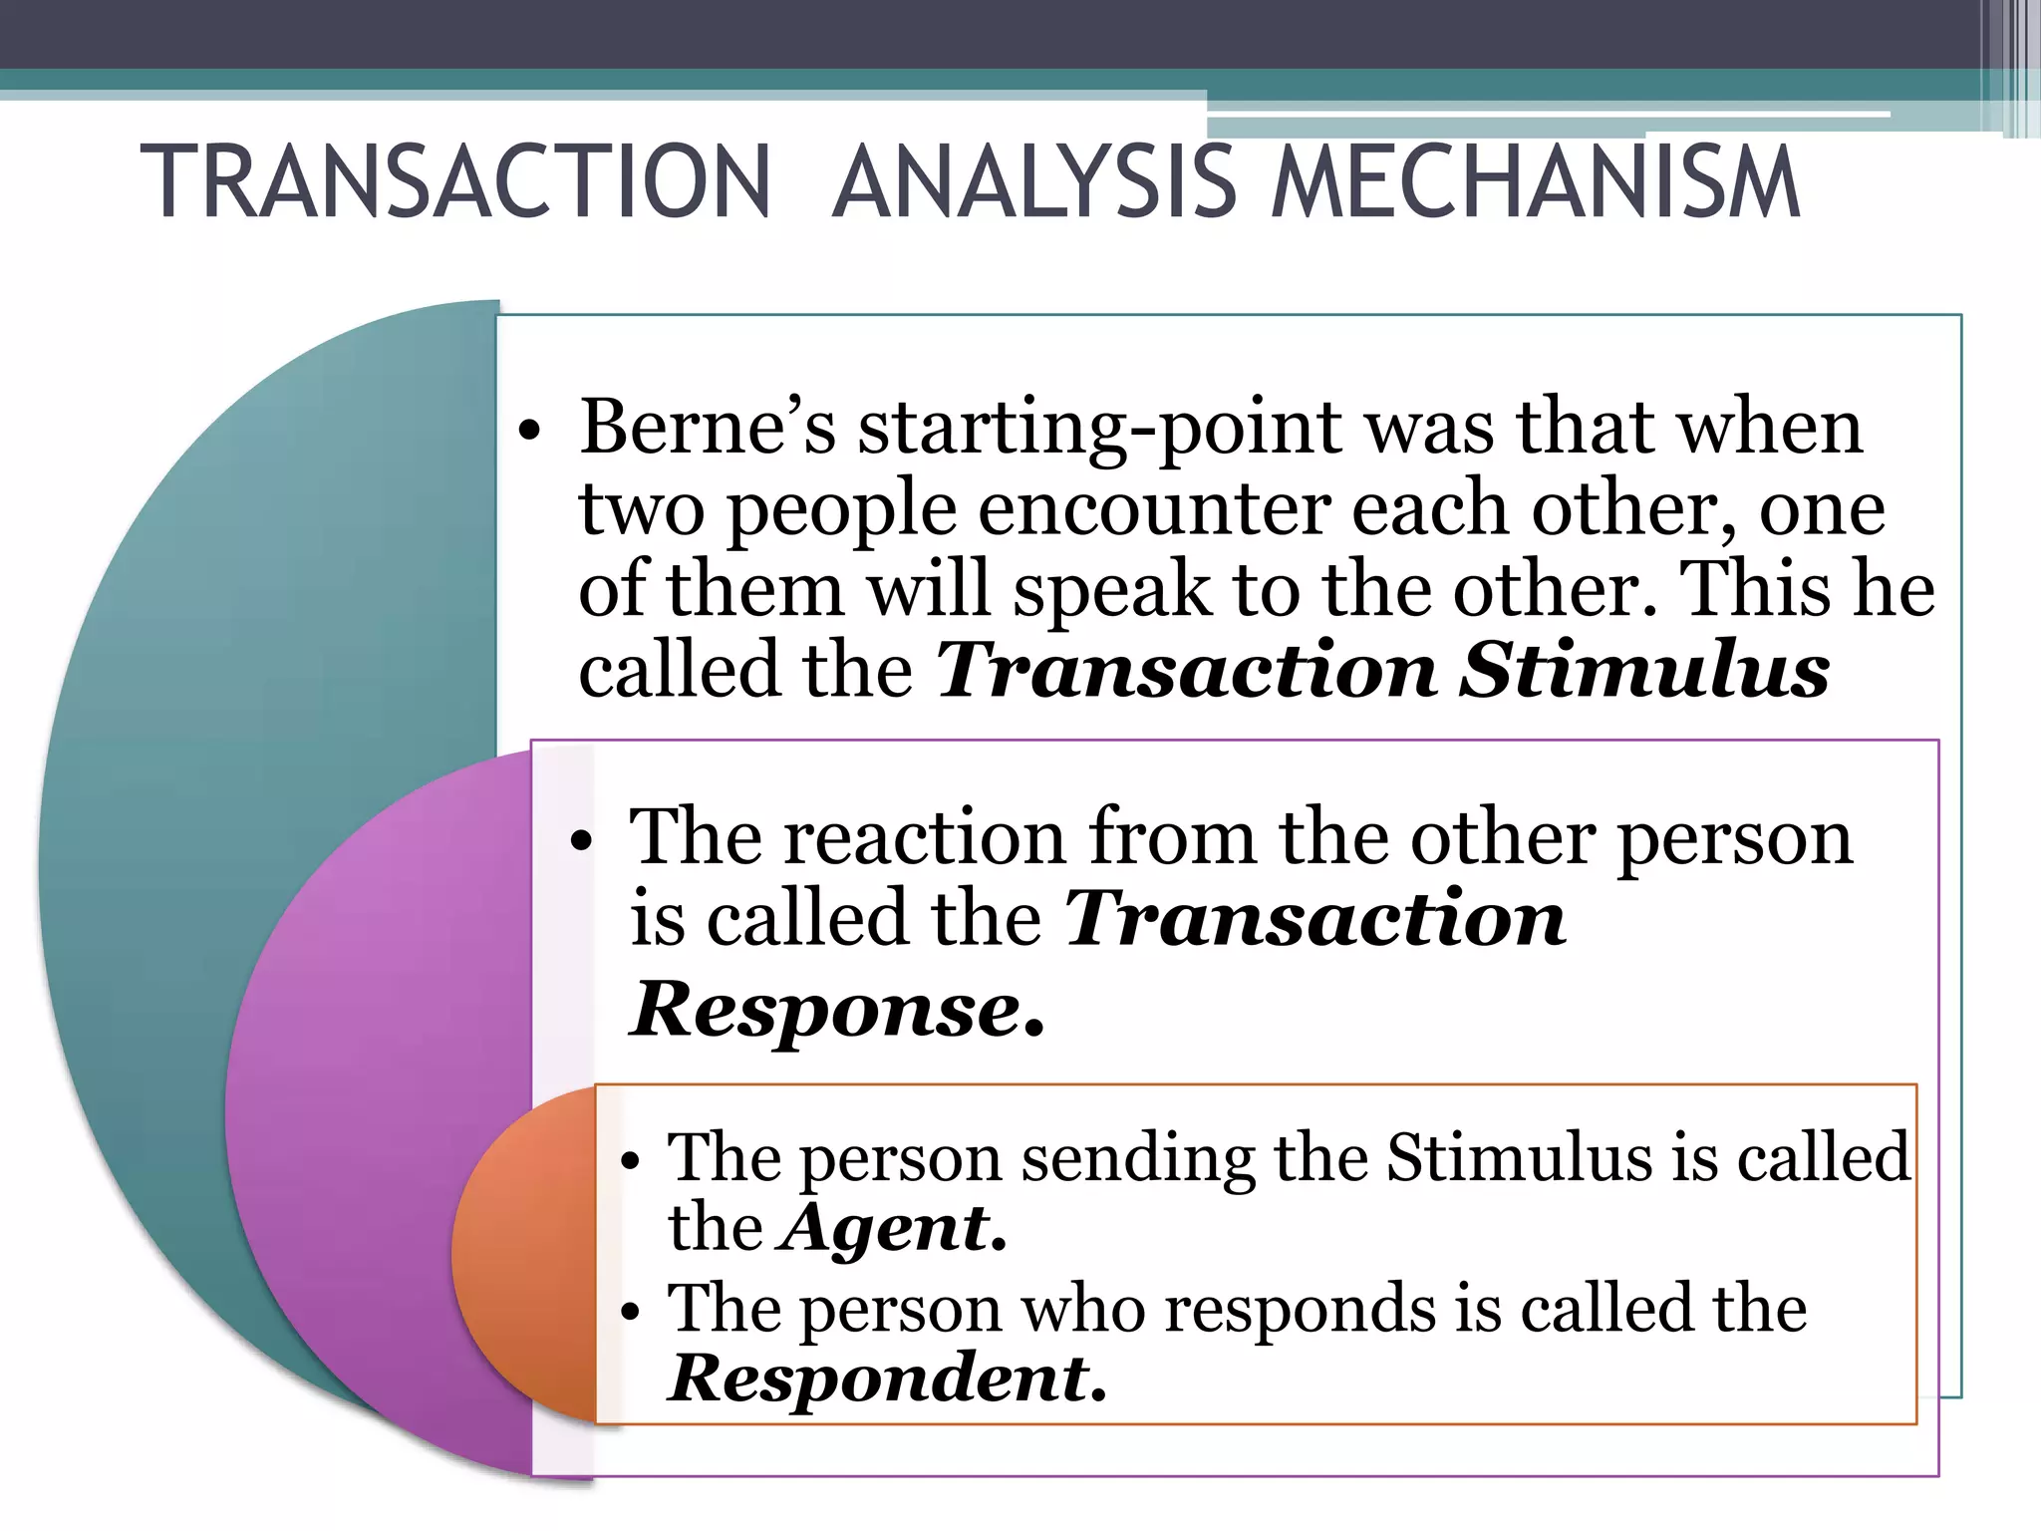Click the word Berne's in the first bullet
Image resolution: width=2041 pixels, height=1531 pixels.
[708, 427]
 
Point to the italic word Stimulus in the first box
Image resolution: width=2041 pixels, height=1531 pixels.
[1644, 670]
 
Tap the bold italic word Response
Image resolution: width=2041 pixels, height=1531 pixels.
[837, 1010]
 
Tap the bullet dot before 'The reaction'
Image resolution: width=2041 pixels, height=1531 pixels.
[581, 841]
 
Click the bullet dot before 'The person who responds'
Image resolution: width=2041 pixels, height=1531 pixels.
[629, 1313]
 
